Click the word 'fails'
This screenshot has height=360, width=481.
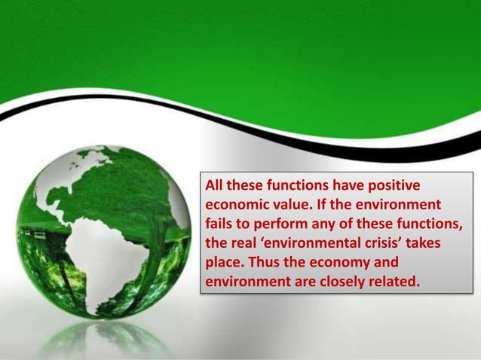point(220,224)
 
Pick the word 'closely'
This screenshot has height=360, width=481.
point(334,283)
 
